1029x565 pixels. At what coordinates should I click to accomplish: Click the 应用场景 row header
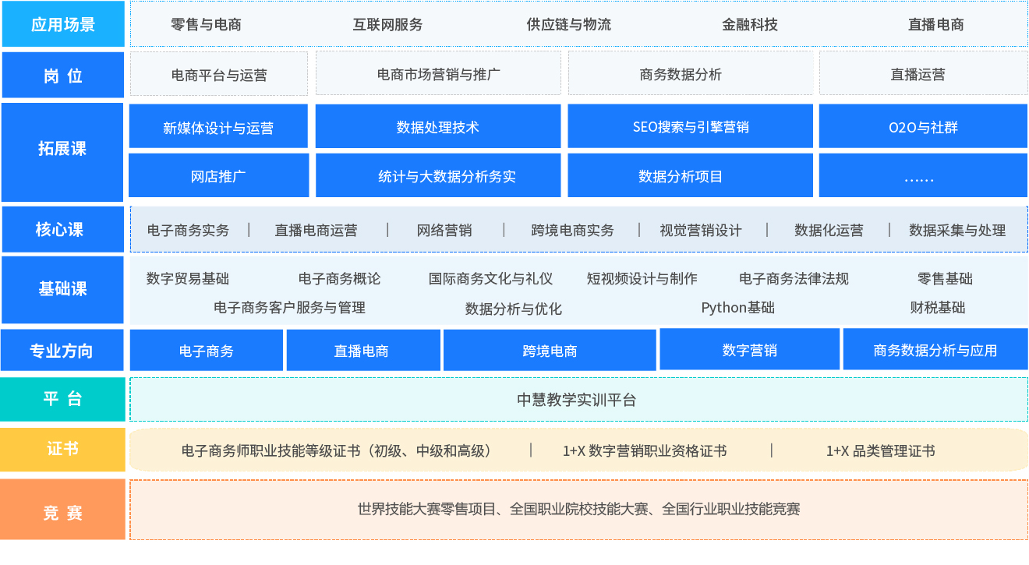tap(63, 24)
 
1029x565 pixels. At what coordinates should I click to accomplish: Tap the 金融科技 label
tap(750, 24)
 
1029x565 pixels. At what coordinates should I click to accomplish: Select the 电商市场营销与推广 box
tap(438, 73)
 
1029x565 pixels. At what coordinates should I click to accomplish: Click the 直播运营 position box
tap(923, 73)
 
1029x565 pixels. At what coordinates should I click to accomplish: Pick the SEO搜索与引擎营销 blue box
tap(690, 126)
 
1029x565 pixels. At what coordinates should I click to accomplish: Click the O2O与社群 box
tap(923, 126)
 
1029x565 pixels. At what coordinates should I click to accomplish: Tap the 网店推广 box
tap(218, 175)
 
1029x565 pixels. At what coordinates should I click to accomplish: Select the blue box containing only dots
tap(923, 175)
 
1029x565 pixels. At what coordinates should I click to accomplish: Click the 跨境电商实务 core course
tap(572, 230)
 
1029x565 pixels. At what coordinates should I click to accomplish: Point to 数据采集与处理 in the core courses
tap(957, 230)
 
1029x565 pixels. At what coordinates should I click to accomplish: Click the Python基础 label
tap(737, 308)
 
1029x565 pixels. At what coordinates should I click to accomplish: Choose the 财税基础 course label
tap(938, 308)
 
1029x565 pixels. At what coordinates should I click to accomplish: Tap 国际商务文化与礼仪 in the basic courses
tap(490, 279)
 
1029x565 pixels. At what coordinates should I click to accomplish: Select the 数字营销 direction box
tap(750, 349)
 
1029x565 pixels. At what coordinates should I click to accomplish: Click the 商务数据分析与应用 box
tap(935, 349)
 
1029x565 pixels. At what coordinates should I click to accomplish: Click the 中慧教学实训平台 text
tap(577, 400)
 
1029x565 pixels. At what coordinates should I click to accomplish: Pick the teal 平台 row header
tap(62, 399)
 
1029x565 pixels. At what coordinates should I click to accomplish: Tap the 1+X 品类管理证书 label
tap(881, 451)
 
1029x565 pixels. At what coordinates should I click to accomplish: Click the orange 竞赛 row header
tap(62, 510)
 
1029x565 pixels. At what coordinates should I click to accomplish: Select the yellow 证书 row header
tap(62, 450)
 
